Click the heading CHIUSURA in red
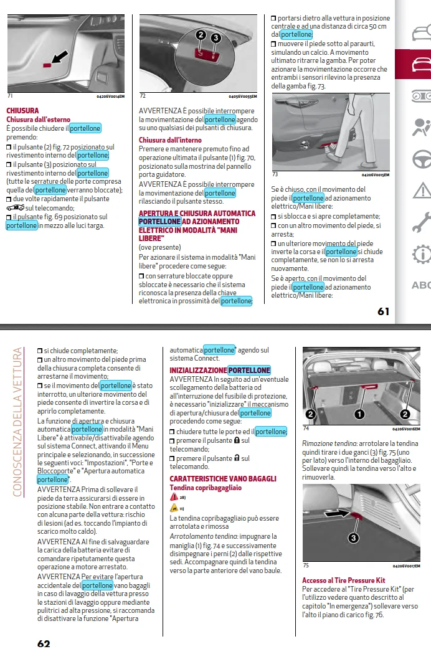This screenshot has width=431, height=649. click(x=22, y=110)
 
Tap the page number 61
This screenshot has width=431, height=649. click(x=384, y=311)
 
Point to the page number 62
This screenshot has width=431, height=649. click(x=44, y=643)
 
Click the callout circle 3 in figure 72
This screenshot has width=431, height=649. click(x=215, y=38)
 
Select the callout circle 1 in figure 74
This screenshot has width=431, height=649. click(x=359, y=414)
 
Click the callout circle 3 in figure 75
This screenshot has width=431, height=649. click(x=353, y=538)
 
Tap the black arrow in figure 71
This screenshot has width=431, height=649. click(x=60, y=57)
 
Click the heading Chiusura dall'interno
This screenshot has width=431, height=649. click(x=170, y=140)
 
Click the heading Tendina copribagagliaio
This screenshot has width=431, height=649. click(x=206, y=488)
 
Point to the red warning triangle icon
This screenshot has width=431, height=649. click(x=174, y=497)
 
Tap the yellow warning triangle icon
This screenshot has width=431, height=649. click(x=174, y=508)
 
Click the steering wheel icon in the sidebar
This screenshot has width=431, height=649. click(x=422, y=159)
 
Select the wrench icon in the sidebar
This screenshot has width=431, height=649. click(x=422, y=222)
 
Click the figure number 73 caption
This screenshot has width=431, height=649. click(x=275, y=174)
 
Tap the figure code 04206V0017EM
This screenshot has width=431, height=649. click(x=406, y=566)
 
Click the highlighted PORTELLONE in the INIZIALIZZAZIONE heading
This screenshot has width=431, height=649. click(x=249, y=371)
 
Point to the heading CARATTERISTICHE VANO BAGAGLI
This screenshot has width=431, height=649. click(x=223, y=478)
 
